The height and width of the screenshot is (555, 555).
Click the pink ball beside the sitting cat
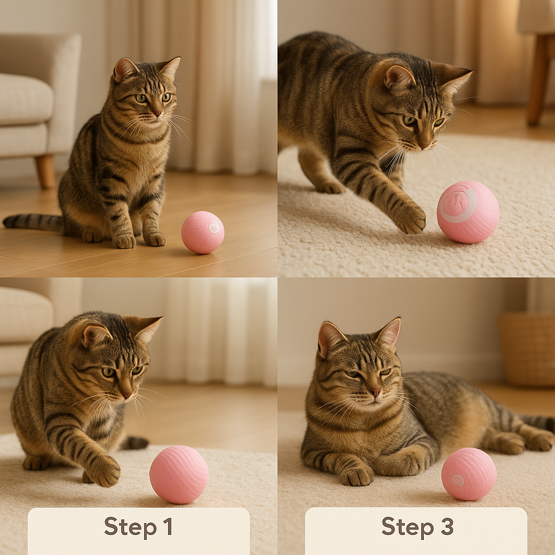click(202, 232)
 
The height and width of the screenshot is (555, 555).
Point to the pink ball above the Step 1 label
click(178, 474)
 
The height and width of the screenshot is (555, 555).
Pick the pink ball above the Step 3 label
click(468, 474)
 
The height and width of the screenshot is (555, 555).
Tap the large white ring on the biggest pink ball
click(458, 204)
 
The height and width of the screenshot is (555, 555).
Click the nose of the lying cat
click(375, 392)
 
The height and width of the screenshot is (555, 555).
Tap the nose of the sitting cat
click(157, 113)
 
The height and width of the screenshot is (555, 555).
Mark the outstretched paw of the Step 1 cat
click(104, 470)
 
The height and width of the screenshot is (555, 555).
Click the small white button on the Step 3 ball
click(458, 480)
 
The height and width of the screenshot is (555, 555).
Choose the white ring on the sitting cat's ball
click(214, 228)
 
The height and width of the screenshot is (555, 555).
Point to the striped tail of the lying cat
click(537, 422)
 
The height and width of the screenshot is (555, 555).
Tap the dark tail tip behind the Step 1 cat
click(136, 442)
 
